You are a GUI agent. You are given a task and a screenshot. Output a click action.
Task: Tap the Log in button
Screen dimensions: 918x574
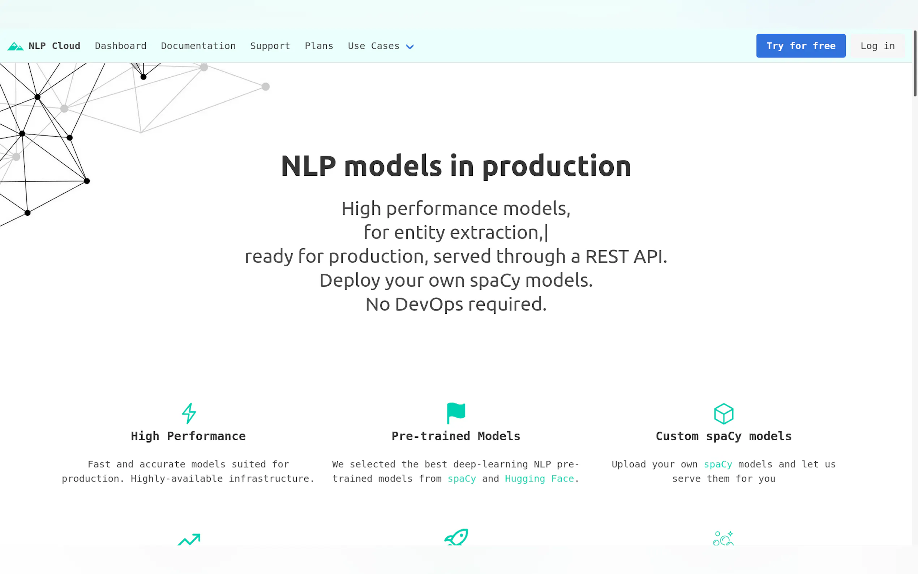[x=878, y=46]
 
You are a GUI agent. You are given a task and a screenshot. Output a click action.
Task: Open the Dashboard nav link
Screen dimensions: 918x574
[x=120, y=46]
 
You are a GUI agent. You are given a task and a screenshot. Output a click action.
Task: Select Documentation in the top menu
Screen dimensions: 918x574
[x=198, y=46]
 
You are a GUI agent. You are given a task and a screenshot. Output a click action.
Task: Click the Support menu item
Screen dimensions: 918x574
[x=270, y=46]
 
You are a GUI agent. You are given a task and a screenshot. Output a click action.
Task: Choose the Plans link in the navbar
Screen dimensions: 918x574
[x=319, y=46]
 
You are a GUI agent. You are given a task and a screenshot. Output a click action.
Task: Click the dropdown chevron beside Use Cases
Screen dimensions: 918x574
[x=410, y=47]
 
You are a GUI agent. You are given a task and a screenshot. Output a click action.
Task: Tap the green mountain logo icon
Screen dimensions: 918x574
[x=16, y=46]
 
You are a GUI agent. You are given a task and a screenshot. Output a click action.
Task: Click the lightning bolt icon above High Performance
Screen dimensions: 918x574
[x=189, y=413]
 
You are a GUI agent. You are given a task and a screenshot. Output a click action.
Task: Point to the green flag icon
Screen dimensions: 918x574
[x=456, y=413]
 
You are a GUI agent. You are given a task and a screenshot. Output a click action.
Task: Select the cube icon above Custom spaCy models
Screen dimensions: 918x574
[x=723, y=414]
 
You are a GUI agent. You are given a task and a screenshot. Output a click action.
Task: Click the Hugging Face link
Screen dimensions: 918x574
[x=539, y=479]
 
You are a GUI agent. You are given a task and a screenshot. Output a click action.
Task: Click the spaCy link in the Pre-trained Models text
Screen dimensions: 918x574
[x=462, y=479]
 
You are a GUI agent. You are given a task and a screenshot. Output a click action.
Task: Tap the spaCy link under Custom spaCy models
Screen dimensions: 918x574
[x=718, y=464]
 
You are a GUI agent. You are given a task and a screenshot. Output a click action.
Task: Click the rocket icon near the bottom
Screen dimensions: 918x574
[x=456, y=537]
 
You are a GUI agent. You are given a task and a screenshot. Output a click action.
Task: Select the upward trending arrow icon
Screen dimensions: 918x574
[x=189, y=539]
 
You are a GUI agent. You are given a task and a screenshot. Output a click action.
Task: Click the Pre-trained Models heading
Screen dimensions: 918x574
[x=456, y=436]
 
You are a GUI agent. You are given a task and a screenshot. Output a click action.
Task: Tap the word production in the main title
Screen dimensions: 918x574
[x=557, y=167]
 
